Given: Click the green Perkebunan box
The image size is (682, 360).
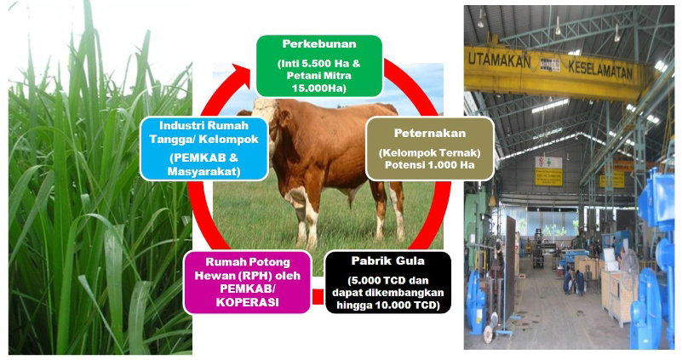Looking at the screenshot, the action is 319,66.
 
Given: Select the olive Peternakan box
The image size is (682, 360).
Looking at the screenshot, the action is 430,149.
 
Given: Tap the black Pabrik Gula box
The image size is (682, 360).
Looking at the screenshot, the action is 388,283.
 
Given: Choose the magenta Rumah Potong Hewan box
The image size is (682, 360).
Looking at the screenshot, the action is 248,283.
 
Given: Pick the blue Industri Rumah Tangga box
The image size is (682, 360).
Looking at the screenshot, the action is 204,149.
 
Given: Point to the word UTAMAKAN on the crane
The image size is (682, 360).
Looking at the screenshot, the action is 499,62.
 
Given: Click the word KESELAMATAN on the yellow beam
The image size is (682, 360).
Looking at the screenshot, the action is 600,70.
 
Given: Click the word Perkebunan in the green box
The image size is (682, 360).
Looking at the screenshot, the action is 319,44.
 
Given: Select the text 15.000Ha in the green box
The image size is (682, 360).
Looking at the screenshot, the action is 319,89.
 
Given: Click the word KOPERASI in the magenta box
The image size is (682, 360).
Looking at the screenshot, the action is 248,303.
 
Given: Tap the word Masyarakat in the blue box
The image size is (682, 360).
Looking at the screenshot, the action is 204,172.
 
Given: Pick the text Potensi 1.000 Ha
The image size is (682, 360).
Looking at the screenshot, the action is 430,165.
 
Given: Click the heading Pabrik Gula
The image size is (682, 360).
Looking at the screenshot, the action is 388,261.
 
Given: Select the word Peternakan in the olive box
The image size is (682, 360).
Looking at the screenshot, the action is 430,133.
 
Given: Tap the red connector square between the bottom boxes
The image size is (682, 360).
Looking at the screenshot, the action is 318,296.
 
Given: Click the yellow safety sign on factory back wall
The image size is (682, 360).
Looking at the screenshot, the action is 548,177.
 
